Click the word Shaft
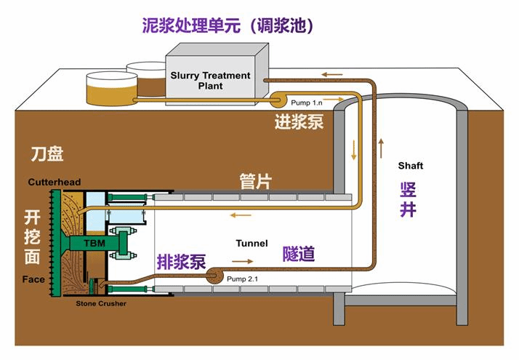410,166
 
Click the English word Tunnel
252,243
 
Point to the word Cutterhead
55,181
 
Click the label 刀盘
47,154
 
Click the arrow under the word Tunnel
244,260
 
